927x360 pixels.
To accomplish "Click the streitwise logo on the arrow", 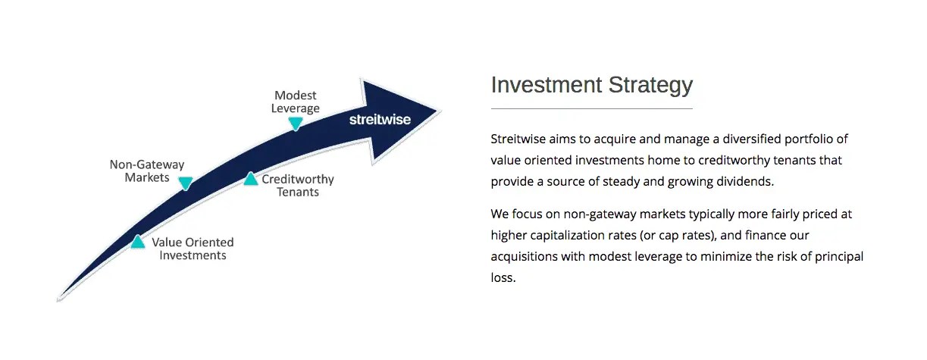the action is click(x=380, y=120).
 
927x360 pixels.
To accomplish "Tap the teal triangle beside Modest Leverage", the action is click(x=296, y=124).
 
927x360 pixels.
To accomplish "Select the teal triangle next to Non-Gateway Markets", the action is click(x=186, y=183).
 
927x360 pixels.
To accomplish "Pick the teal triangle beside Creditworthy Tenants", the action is click(x=250, y=179).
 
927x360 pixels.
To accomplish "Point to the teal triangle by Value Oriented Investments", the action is click(x=138, y=242).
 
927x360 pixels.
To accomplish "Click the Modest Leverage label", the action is click(x=296, y=102).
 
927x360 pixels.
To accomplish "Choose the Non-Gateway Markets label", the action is click(x=147, y=171).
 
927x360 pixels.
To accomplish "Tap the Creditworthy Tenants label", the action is click(x=298, y=186).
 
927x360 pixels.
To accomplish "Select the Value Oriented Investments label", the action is click(x=193, y=249).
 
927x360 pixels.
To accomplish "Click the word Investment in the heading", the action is click(x=546, y=85).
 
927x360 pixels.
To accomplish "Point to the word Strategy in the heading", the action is click(x=650, y=86).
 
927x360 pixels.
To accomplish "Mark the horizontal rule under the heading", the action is click(x=592, y=108).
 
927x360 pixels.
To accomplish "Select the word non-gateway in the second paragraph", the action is click(x=600, y=214).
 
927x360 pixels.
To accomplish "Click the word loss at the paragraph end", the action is click(x=503, y=277).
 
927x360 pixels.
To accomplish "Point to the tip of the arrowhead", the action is click(x=440, y=111).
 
